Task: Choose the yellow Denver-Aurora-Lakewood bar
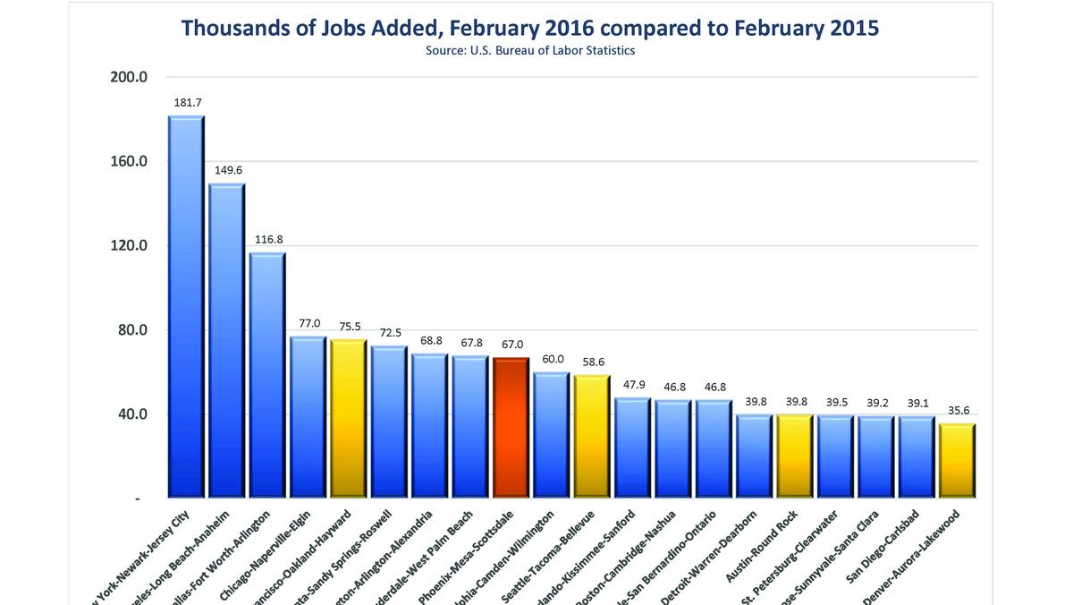pyautogui.click(x=957, y=461)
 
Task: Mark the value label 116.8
pyautogui.click(x=267, y=239)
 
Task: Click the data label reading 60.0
pyautogui.click(x=551, y=358)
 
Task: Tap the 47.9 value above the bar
pyautogui.click(x=632, y=384)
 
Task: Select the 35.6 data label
pyautogui.click(x=957, y=410)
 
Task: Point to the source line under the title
pyautogui.click(x=529, y=51)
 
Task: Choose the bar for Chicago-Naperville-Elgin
pyautogui.click(x=308, y=417)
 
